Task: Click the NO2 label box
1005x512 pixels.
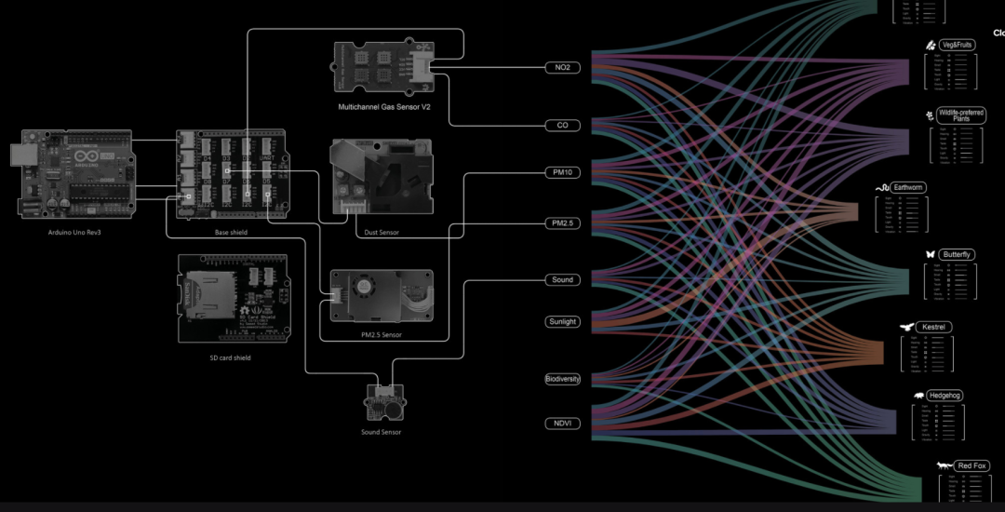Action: tap(562, 67)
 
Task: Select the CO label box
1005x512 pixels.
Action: tap(562, 125)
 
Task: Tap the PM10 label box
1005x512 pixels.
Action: tap(562, 172)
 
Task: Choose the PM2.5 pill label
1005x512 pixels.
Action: tap(562, 223)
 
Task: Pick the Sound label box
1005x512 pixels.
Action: tap(562, 279)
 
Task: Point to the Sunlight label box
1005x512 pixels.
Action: tap(562, 322)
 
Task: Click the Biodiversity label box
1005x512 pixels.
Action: tap(562, 379)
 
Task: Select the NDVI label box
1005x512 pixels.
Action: tap(562, 424)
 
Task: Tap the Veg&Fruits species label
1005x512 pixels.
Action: tap(957, 45)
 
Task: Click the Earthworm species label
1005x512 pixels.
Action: tap(908, 187)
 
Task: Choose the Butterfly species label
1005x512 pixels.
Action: tap(957, 254)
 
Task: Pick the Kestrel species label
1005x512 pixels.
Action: tap(933, 328)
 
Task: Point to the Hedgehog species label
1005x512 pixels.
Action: tap(945, 396)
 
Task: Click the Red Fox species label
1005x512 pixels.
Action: tap(971, 465)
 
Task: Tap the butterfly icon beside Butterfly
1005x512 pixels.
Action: tap(930, 254)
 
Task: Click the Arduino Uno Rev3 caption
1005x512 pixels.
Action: tap(74, 233)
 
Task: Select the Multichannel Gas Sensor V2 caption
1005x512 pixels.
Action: tap(383, 107)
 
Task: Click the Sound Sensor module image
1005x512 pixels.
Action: tap(383, 401)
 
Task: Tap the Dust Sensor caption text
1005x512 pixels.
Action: tap(376, 233)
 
